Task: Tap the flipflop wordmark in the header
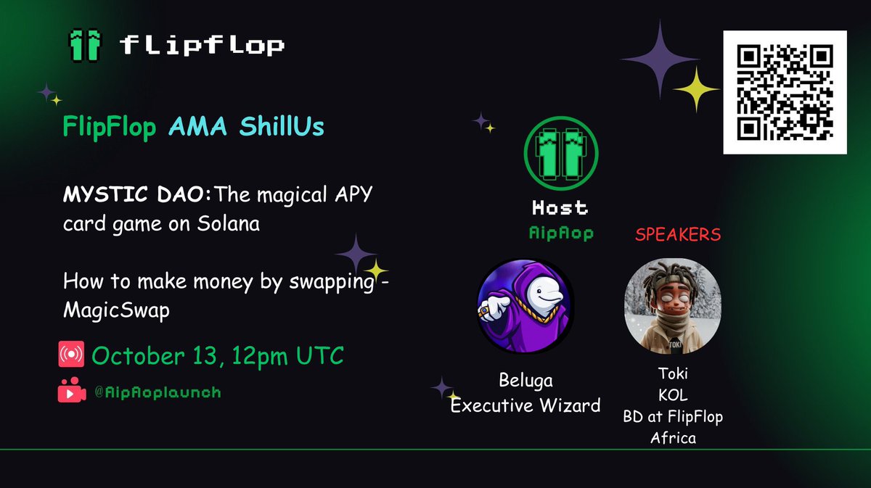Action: pyautogui.click(x=203, y=46)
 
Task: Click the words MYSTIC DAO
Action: pyautogui.click(x=115, y=197)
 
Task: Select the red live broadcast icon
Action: pyautogui.click(x=71, y=356)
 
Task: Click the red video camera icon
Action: pyautogui.click(x=71, y=393)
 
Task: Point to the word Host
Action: pyautogui.click(x=559, y=207)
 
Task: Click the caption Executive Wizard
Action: pyautogui.click(x=526, y=405)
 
